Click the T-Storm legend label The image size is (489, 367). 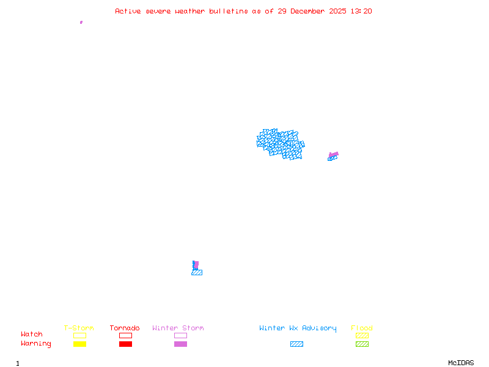(79, 328)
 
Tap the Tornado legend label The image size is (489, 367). (125, 328)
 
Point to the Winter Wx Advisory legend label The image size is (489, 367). (298, 328)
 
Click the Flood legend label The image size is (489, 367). (362, 328)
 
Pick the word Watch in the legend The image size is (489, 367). (32, 335)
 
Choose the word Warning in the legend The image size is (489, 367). (36, 344)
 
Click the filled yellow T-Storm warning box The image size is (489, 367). (79, 344)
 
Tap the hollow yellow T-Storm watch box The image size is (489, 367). (79, 335)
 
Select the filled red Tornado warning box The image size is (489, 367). (125, 344)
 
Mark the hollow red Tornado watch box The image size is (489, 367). (125, 335)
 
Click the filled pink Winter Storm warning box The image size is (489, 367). (180, 344)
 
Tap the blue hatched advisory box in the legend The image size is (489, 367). (296, 344)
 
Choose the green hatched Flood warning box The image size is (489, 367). (362, 344)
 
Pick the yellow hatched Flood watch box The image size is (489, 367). (362, 335)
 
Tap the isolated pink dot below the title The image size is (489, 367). (81, 22)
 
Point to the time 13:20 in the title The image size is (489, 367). (361, 11)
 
